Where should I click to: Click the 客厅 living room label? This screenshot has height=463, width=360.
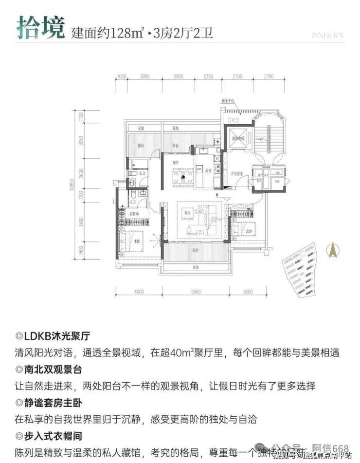[184, 213]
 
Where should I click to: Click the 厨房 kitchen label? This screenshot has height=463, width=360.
[208, 170]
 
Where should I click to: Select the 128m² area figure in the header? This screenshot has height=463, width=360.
[123, 34]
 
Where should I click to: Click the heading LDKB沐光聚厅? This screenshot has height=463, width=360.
[56, 336]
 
